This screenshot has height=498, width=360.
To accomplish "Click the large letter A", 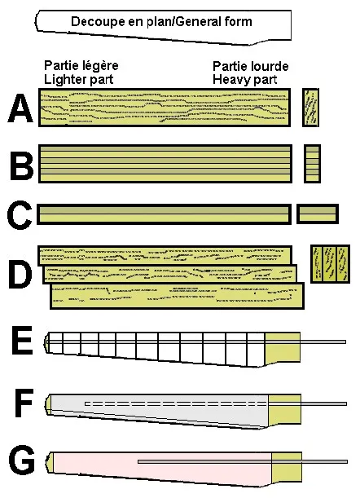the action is [20, 108].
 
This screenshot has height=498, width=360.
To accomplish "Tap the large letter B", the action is [22, 165].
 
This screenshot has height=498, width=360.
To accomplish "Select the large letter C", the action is [20, 214].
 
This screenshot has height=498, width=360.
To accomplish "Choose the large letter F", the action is [24, 403].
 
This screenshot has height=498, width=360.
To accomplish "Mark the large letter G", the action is [22, 461].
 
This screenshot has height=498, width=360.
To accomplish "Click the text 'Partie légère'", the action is [81, 66].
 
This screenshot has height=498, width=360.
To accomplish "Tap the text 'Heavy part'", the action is [245, 80].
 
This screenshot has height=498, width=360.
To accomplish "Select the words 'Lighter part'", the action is [79, 79].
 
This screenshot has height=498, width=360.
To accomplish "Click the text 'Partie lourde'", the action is [251, 66].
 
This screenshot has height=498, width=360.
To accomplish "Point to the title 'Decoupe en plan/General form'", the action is [161, 22].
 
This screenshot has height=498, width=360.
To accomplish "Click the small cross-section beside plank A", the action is [310, 108].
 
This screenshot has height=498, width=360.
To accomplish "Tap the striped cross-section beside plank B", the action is [313, 164].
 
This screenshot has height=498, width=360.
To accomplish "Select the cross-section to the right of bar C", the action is [318, 214].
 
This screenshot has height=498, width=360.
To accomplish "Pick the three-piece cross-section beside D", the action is [330, 264].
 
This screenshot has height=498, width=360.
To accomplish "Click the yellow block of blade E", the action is [283, 347].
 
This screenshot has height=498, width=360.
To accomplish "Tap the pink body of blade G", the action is [162, 468].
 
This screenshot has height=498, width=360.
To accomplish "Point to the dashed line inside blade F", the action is [177, 404].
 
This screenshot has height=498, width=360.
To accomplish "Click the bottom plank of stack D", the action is [177, 296].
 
